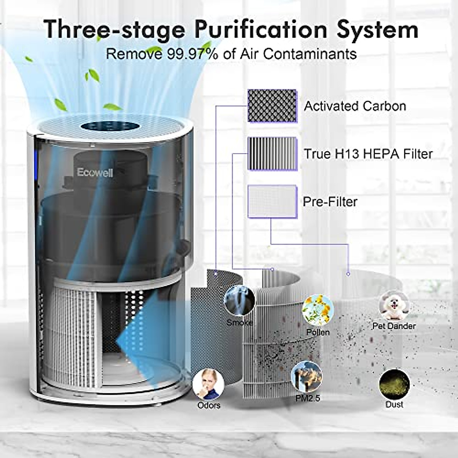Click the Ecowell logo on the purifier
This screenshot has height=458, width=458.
[95, 172]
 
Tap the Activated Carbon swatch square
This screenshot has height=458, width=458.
[272, 106]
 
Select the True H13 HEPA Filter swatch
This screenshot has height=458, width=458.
[272, 153]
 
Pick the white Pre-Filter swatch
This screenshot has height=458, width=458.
[272, 202]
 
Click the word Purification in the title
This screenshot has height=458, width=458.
[254, 29]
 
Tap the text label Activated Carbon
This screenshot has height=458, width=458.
[355, 106]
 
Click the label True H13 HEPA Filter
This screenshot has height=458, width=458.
[368, 154]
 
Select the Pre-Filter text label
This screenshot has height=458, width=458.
[330, 202]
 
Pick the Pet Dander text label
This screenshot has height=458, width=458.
[393, 326]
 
